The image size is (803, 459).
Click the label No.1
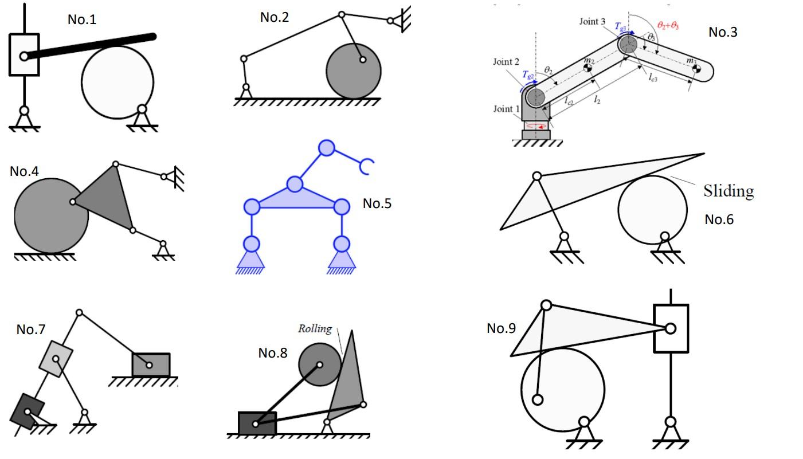(x=82, y=19)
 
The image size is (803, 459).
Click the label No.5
(x=377, y=203)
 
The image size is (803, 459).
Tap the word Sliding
(x=728, y=191)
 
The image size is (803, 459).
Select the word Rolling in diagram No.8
(x=315, y=329)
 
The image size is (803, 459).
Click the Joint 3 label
(x=592, y=22)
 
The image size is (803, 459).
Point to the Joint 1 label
(x=506, y=109)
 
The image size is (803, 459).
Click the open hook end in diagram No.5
(x=367, y=166)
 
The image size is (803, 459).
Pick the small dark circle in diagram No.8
(x=319, y=364)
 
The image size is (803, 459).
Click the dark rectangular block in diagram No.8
(x=257, y=423)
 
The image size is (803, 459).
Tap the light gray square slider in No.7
(x=56, y=359)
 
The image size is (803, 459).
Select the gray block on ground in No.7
(x=151, y=364)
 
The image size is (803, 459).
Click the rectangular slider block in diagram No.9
(x=671, y=328)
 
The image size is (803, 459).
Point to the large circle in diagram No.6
(x=652, y=210)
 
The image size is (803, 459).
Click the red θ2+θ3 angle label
(x=668, y=26)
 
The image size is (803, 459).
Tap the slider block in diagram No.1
(x=24, y=55)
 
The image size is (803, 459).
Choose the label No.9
(x=501, y=328)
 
